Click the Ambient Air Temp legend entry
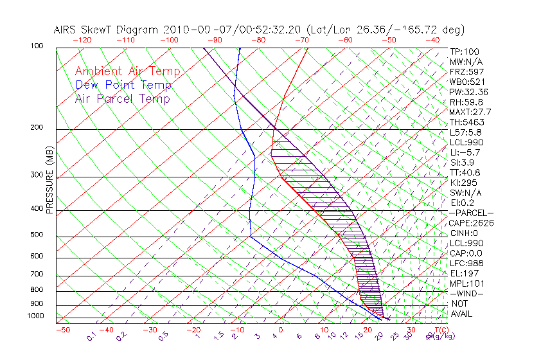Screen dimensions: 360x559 point(128,72)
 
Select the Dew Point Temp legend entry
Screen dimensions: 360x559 point(123,85)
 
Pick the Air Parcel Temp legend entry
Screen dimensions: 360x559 point(123,99)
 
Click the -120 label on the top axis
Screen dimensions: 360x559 point(82,40)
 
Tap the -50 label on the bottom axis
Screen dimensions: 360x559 point(63,330)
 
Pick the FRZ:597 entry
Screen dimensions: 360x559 point(466,72)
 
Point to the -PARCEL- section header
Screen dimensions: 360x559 point(471,213)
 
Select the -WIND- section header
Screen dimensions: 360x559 point(466,294)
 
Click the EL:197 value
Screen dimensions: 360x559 point(464,273)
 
